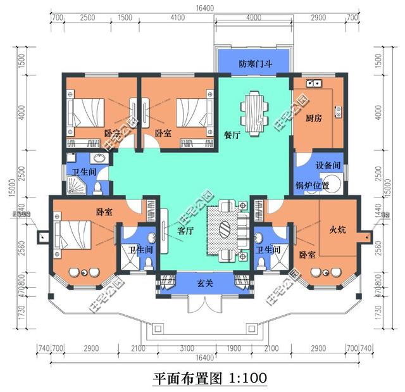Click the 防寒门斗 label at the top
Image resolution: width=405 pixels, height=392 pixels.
(x=254, y=64)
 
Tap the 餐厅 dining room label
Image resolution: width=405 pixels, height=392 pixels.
(x=232, y=134)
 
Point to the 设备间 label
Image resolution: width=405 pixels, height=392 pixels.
(x=328, y=165)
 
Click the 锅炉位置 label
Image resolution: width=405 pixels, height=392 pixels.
(x=312, y=186)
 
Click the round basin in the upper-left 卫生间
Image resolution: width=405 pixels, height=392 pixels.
(x=98, y=159)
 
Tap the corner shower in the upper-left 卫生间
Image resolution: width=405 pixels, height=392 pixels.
(x=74, y=184)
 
